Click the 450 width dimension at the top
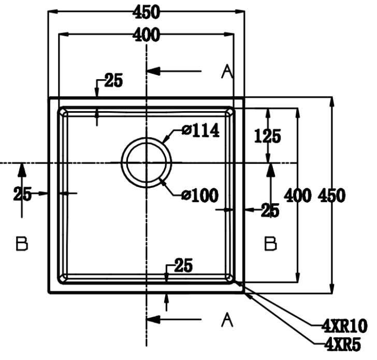click(x=146, y=11)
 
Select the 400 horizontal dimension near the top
click(x=146, y=35)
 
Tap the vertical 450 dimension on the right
click(x=331, y=196)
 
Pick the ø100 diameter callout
click(x=200, y=195)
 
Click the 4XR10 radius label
click(x=344, y=326)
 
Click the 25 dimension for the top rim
click(x=113, y=81)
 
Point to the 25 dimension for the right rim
click(x=269, y=211)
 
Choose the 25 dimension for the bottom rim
click(x=182, y=266)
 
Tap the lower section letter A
click(x=226, y=321)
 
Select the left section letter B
click(x=22, y=243)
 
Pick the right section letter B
click(x=270, y=243)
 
